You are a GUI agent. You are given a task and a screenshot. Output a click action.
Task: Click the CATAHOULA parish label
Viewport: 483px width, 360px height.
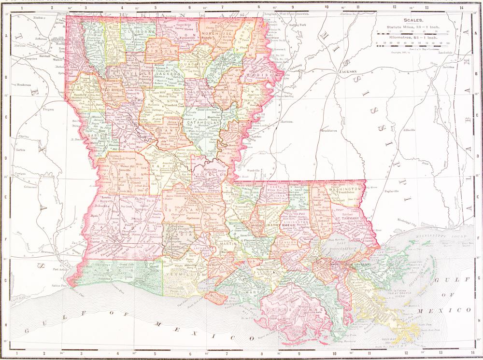coord(203,123)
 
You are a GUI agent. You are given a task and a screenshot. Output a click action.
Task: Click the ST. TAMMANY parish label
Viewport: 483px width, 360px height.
coord(346,219)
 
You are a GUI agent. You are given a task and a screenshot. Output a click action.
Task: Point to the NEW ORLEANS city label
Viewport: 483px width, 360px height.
coord(357,264)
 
